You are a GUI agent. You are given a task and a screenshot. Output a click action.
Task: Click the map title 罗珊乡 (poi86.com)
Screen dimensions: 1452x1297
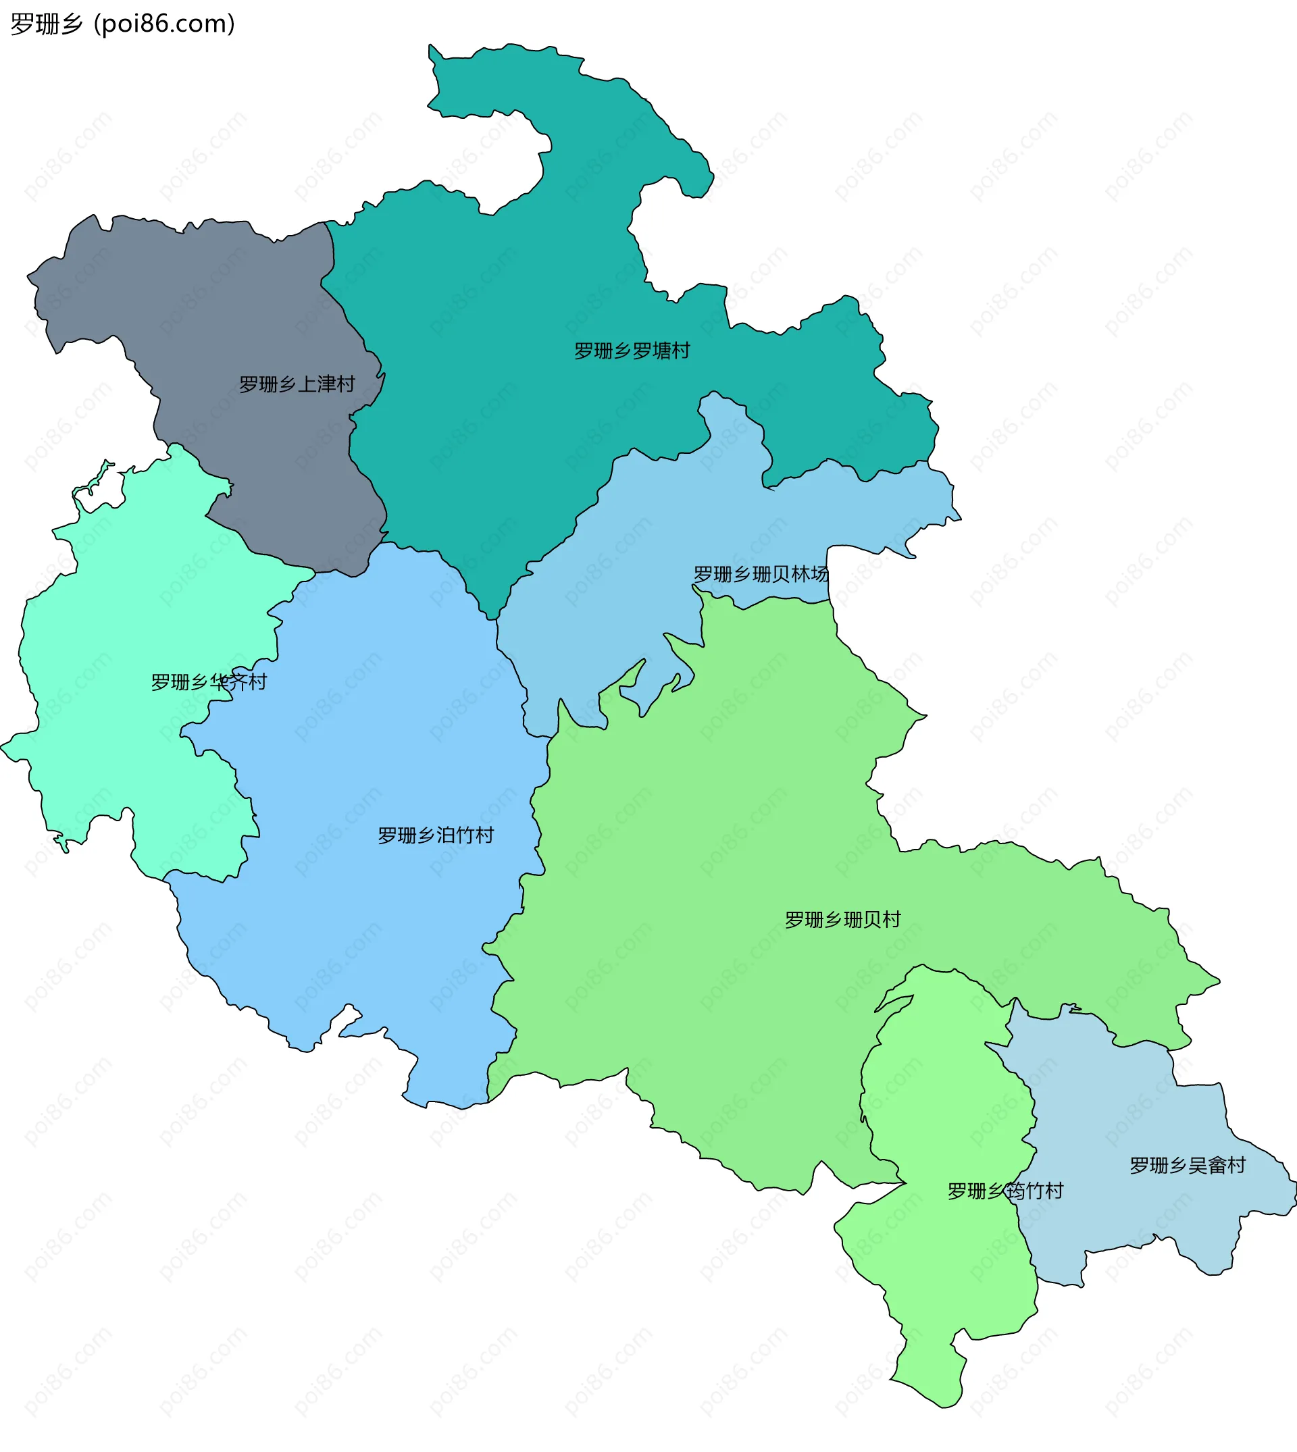pos(122,24)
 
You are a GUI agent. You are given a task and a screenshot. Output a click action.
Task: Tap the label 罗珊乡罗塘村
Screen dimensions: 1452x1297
pos(632,351)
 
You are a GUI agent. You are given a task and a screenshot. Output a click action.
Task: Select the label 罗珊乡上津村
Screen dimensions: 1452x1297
pos(297,385)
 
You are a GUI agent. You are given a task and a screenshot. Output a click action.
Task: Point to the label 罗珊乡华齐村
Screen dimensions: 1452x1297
pos(209,683)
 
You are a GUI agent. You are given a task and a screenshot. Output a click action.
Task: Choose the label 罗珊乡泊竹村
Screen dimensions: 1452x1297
pos(436,835)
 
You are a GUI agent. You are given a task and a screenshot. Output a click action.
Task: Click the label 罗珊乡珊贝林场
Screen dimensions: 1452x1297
pos(761,574)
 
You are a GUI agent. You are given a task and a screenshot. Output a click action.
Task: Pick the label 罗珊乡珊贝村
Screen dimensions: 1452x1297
pos(842,920)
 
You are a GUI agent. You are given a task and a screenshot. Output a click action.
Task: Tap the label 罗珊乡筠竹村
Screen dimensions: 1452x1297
pos(1004,1191)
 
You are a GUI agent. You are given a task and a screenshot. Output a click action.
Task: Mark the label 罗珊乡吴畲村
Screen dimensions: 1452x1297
pos(1188,1166)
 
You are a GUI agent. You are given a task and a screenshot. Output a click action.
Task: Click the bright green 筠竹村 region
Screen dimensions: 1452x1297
pos(941,1282)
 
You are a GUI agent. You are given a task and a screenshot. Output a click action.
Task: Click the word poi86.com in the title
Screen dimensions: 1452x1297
pos(165,24)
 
